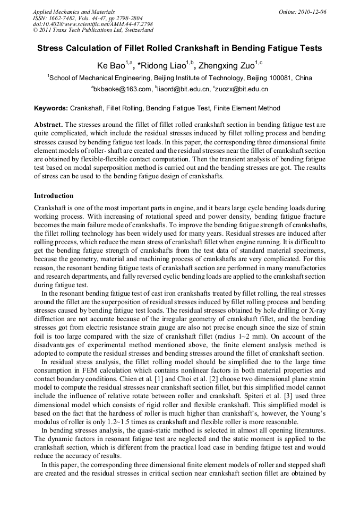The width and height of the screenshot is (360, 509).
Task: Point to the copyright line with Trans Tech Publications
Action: pos(93,31)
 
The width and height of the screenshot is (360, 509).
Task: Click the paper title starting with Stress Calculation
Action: pos(179,48)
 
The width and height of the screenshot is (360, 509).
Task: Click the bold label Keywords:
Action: pos(51,108)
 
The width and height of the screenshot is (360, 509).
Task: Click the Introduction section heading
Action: pos(54,196)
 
